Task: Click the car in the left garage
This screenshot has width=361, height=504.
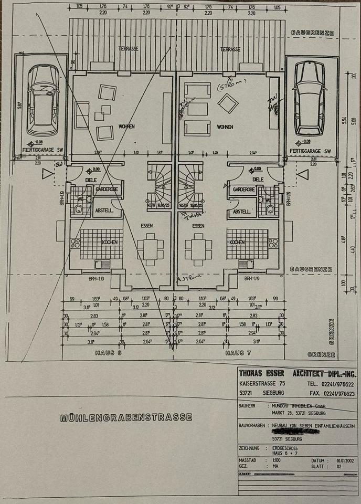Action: [x=43, y=100]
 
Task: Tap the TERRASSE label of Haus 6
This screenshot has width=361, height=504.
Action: [x=129, y=49]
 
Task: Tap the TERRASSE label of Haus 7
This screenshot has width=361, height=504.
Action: [x=230, y=49]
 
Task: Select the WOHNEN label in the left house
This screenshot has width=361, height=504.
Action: [x=126, y=127]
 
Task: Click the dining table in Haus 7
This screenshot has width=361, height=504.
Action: [x=198, y=249]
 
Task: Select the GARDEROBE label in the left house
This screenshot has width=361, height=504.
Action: [x=108, y=189]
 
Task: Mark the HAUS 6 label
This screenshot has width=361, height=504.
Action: [x=108, y=353]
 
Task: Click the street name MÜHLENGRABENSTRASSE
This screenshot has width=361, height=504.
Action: [x=126, y=418]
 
